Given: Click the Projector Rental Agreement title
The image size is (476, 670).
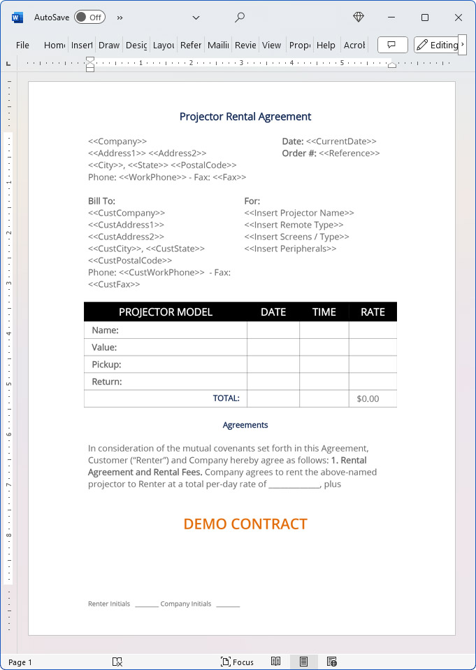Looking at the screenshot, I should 245,117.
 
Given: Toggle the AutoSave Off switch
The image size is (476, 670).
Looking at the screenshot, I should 89,17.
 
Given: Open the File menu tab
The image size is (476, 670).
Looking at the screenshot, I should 22,45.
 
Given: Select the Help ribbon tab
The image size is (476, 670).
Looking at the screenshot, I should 326,45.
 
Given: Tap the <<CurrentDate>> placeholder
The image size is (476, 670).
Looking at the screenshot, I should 341,141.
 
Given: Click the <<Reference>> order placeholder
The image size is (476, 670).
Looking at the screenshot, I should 349,153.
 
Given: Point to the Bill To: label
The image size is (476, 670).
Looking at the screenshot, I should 101,201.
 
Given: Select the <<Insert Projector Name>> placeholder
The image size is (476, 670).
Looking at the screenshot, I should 299,213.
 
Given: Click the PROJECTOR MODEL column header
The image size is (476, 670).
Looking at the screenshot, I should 166,312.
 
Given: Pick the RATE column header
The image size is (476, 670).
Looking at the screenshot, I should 373,312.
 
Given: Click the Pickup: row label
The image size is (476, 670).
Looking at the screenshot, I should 106,365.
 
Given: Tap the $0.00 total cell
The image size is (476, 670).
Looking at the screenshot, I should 368,399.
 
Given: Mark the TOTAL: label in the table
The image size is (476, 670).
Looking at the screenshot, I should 226,398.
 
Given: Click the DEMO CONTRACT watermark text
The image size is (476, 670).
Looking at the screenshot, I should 245,524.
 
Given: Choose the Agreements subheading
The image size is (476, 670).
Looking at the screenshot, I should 245,425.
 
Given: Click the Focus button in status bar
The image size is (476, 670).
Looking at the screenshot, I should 237,662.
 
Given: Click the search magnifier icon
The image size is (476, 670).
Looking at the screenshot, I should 240,17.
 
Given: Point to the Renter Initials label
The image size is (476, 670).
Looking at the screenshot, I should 109,603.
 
